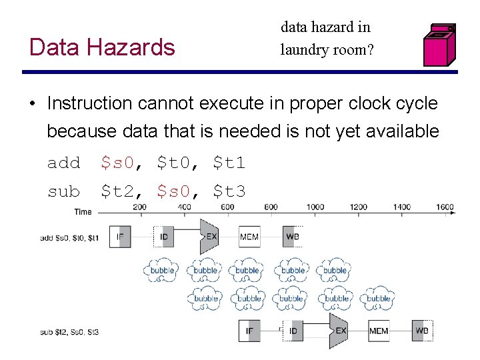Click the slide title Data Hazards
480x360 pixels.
pos(102,47)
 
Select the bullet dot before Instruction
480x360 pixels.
pos(32,104)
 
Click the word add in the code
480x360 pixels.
pos(63,163)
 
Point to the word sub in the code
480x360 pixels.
pos(63,192)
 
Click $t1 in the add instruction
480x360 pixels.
pos(229,163)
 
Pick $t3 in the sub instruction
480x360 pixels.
pos(229,192)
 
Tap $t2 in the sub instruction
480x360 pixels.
pos(117,192)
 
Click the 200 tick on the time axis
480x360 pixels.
pos(139,207)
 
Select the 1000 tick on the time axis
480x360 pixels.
pos(315,207)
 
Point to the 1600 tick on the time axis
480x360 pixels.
pos(445,207)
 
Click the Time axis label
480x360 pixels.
pos(83,212)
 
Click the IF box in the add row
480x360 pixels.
pos(120,237)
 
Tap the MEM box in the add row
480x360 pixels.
pos(249,237)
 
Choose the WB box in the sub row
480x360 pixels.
pos(422,331)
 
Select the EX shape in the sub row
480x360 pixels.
pos(340,331)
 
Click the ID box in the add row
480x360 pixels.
pos(164,237)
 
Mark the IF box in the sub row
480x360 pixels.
pos(249,331)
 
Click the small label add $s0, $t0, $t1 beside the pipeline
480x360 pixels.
pos(69,238)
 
